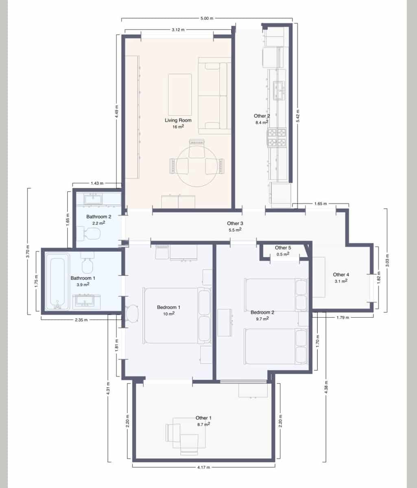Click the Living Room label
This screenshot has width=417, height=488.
(x=178, y=120)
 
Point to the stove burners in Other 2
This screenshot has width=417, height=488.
(x=277, y=137)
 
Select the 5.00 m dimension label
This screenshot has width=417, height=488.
(x=207, y=18)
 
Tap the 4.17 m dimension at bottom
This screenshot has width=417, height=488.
(x=203, y=468)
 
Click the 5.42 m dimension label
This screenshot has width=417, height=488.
(x=298, y=116)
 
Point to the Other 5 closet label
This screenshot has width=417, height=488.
(x=283, y=248)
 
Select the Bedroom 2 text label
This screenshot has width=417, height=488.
(x=262, y=312)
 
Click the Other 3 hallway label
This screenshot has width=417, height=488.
(x=235, y=223)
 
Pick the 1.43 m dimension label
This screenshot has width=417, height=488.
(x=97, y=184)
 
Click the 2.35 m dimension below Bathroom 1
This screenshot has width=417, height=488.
(x=81, y=320)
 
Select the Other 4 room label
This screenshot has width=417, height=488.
(x=341, y=274)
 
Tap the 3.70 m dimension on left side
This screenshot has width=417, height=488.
(x=28, y=251)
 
